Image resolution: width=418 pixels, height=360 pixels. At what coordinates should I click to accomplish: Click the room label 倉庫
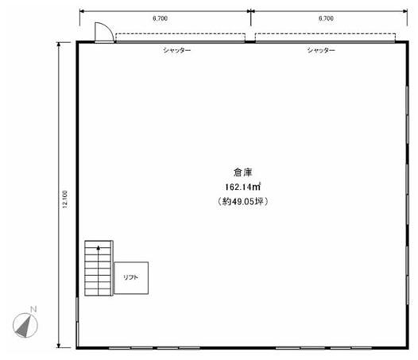click(242, 172)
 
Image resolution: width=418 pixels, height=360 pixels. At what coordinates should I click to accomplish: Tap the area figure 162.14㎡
click(242, 187)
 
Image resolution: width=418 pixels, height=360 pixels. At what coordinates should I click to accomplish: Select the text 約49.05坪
click(242, 201)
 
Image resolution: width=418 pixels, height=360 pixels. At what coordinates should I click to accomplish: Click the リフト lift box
click(131, 278)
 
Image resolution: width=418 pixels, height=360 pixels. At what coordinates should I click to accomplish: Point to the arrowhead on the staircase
click(99, 248)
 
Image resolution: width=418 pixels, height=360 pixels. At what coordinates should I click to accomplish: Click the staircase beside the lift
click(98, 268)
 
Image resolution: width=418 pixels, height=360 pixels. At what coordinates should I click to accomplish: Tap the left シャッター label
click(177, 50)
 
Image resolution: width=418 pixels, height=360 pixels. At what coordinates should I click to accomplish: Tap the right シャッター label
click(321, 50)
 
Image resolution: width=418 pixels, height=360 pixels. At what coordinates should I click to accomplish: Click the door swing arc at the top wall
click(110, 29)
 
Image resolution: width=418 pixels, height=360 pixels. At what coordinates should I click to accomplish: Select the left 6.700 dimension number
click(161, 18)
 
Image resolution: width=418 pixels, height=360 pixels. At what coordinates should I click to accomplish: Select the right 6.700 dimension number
click(326, 18)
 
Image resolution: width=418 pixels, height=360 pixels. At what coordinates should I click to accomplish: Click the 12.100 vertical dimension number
click(65, 199)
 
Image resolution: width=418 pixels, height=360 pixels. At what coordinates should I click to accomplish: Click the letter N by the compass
click(33, 309)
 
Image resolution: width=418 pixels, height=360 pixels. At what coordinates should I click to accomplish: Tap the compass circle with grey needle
click(25, 325)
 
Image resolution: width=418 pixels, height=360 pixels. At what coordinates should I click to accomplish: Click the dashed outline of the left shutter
click(180, 33)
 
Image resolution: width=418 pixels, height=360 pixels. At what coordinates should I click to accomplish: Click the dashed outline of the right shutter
click(325, 33)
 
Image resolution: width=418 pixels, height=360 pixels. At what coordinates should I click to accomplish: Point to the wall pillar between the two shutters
click(250, 41)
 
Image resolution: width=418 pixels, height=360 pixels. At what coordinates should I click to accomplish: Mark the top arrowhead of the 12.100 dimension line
click(59, 45)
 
